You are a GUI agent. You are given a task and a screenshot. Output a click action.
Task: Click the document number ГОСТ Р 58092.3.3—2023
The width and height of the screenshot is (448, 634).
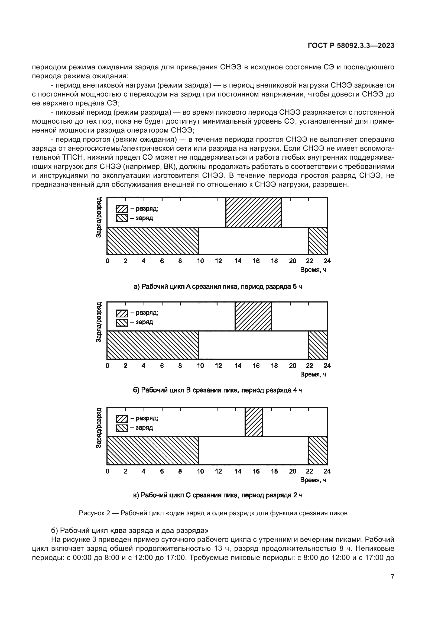click(350, 46)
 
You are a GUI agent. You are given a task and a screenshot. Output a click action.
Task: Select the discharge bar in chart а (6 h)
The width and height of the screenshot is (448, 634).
click(253, 212)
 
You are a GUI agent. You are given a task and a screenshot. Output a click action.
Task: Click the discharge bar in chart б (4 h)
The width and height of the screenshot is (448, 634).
click(253, 316)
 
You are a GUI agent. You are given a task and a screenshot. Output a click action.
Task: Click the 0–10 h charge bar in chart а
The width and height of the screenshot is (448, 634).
click(152, 240)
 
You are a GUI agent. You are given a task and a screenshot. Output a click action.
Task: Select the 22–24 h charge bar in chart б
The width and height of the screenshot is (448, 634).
click(317, 345)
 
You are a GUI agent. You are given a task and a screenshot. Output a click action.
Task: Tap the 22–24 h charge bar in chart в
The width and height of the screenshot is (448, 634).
click(317, 450)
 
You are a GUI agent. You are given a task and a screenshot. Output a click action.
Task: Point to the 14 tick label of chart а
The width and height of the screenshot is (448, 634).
click(238, 261)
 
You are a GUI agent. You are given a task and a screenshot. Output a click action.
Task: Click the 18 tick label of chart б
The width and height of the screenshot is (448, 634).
click(274, 366)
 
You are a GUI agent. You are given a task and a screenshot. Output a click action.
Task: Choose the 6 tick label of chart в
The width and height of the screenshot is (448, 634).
click(162, 471)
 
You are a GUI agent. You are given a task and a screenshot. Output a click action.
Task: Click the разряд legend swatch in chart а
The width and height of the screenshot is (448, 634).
click(121, 209)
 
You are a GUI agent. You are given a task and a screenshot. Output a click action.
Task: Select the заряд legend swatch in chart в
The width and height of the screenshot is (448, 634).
click(121, 428)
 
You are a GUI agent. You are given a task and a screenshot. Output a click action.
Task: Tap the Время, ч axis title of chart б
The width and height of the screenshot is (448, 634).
click(313, 374)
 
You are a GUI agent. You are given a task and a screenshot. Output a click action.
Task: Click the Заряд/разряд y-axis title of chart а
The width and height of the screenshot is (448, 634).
click(99, 218)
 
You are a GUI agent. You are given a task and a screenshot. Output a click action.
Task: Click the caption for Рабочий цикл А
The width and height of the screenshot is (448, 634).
click(218, 287)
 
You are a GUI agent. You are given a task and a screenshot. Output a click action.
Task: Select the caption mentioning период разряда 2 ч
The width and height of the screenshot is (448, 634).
click(218, 495)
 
